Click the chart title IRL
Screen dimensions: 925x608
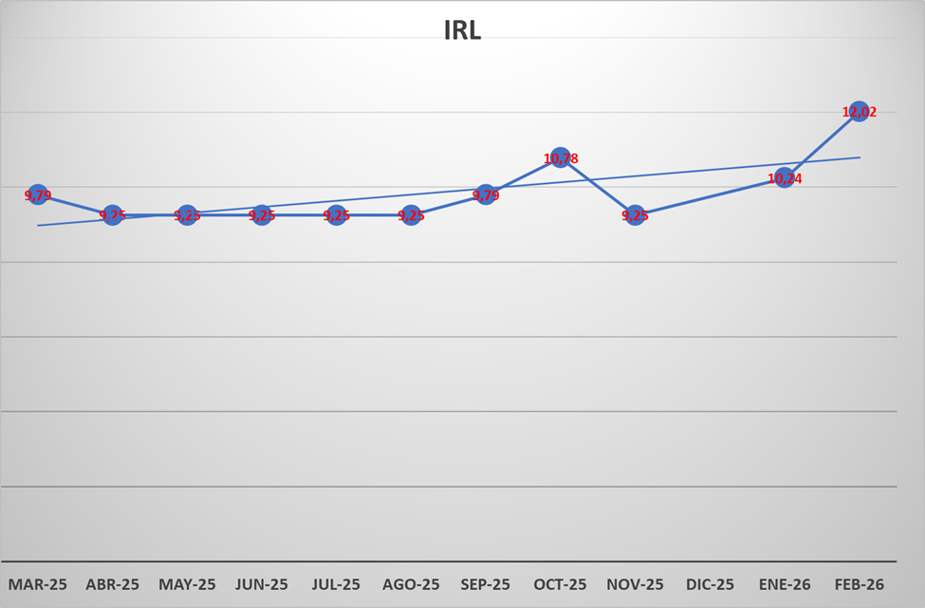coord(463,30)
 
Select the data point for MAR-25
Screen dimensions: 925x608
coord(38,194)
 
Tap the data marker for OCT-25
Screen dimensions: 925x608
coord(561,157)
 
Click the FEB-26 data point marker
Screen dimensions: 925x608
coord(859,111)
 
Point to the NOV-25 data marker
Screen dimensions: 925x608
coord(635,215)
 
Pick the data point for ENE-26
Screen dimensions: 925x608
coord(784,177)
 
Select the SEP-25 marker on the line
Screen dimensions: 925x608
coord(486,194)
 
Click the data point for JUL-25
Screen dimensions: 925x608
coord(336,215)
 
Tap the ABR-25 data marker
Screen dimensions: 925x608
coord(112,215)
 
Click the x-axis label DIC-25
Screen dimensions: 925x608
coord(710,584)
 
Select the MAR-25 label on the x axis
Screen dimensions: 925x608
coord(38,584)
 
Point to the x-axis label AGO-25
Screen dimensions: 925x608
coord(411,584)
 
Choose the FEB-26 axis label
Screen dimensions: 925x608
coord(859,584)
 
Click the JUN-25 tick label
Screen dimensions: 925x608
coord(261,584)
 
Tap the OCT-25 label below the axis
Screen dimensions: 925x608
coord(561,584)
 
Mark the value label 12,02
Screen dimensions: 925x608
coord(860,112)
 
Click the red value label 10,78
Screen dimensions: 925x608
coord(561,158)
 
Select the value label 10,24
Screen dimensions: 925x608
coord(785,178)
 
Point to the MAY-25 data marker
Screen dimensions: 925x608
coord(187,215)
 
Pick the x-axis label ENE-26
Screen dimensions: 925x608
coord(784,584)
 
